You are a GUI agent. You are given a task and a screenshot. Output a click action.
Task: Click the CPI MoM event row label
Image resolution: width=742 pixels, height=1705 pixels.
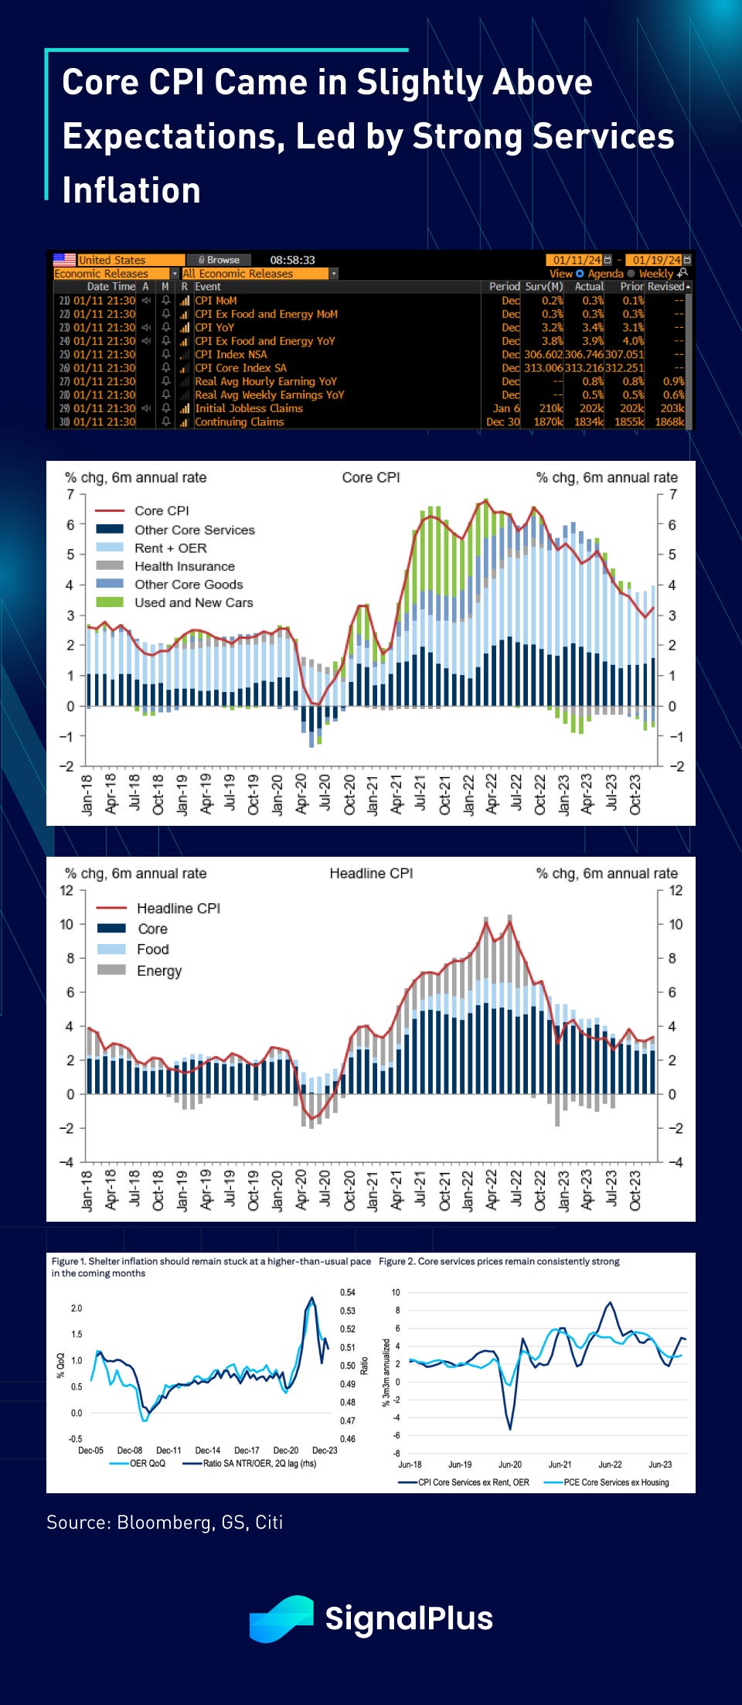tap(216, 301)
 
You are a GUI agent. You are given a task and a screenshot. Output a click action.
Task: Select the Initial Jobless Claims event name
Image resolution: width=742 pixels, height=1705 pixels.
tap(248, 408)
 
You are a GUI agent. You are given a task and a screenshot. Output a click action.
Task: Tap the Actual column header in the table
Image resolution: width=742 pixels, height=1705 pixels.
tap(589, 287)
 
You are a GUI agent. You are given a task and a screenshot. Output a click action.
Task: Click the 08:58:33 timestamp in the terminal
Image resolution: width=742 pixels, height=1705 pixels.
tap(292, 260)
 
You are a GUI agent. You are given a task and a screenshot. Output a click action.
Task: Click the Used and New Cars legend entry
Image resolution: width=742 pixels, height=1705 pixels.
tap(193, 602)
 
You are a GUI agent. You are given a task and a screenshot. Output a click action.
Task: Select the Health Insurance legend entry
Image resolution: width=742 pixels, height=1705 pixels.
tap(184, 566)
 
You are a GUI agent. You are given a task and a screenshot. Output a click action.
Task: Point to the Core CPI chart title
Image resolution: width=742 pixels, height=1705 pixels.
tap(371, 478)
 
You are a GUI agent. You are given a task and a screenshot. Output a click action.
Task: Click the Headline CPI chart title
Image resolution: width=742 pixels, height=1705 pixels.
tap(371, 874)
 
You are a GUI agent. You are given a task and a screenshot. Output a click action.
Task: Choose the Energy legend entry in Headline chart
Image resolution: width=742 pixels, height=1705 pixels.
tap(158, 970)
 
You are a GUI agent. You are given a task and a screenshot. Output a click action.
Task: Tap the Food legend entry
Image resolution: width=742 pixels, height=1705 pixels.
tap(152, 950)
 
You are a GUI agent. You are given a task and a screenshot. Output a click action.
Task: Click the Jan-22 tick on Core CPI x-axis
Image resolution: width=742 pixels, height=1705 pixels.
tap(468, 795)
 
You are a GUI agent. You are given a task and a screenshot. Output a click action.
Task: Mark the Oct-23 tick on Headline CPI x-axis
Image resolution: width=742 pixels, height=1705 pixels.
tap(635, 1191)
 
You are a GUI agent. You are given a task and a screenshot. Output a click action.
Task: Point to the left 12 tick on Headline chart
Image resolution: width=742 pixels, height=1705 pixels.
tap(66, 891)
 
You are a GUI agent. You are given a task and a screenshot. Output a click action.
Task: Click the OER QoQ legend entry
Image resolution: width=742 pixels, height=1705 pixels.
tap(147, 1463)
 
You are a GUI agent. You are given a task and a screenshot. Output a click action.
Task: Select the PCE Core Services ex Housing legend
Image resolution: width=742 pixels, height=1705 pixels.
tap(615, 1482)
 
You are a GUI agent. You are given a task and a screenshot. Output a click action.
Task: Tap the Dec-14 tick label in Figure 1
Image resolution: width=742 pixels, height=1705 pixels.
tap(208, 1451)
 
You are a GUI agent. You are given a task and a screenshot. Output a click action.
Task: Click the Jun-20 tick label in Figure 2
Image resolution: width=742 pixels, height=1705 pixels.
tap(510, 1465)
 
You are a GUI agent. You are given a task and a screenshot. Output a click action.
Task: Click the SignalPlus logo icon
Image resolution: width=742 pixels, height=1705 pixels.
tap(281, 1618)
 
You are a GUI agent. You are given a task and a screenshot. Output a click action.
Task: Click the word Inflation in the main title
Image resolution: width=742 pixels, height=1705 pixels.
tap(131, 191)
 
